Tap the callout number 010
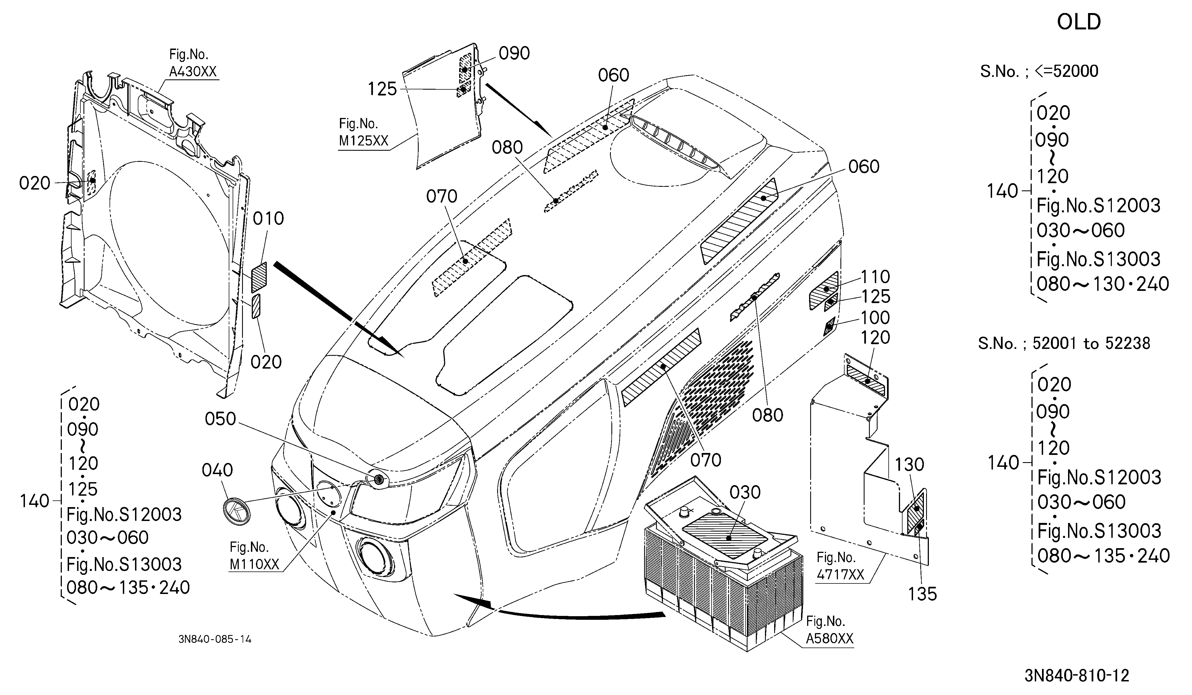click(x=268, y=219)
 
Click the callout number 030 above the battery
click(x=745, y=492)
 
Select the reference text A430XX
click(x=193, y=72)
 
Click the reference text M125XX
click(x=363, y=141)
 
